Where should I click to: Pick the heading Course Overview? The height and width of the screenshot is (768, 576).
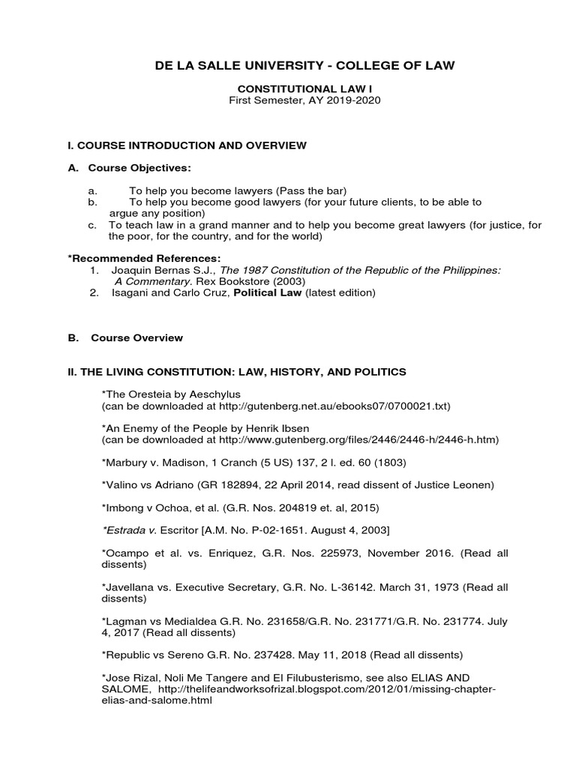(x=136, y=337)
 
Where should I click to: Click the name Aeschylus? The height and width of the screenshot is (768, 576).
(x=216, y=394)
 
